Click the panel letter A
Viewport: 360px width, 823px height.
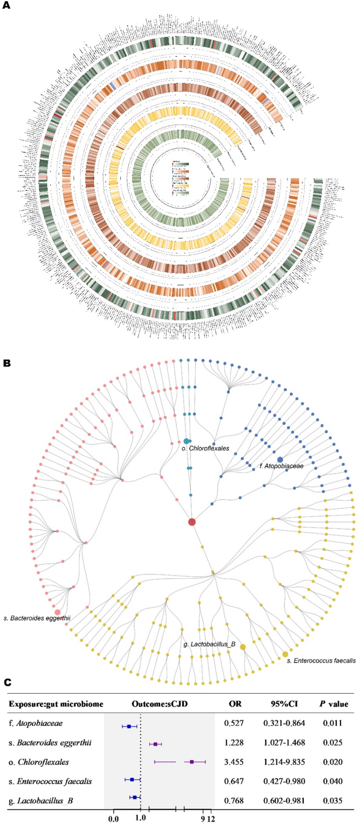coord(7,7)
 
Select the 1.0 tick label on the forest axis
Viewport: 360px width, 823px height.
coord(140,818)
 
